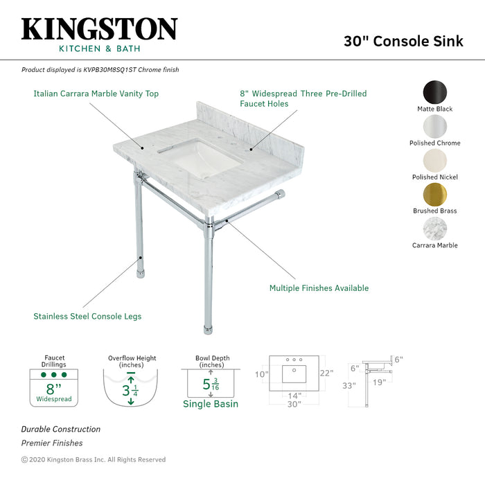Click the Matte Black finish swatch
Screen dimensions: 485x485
[x=435, y=92]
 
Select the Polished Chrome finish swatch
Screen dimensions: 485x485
[x=435, y=126]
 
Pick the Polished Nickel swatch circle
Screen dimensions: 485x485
[x=435, y=160]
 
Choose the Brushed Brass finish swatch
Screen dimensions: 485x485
[x=435, y=194]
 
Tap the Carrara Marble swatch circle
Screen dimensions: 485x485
[x=435, y=229]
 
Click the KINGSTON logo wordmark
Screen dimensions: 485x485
[x=99, y=28]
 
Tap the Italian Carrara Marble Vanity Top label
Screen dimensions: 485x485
[x=96, y=94]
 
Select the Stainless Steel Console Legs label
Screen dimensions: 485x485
[x=87, y=317]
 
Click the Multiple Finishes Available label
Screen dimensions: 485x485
[x=319, y=288]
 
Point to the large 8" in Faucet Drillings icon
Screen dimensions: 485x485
[x=53, y=389]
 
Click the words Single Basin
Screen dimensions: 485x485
[x=211, y=404]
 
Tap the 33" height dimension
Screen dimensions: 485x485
[x=348, y=385]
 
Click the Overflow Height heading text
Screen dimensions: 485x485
[x=132, y=358]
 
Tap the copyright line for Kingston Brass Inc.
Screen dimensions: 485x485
[x=94, y=459]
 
